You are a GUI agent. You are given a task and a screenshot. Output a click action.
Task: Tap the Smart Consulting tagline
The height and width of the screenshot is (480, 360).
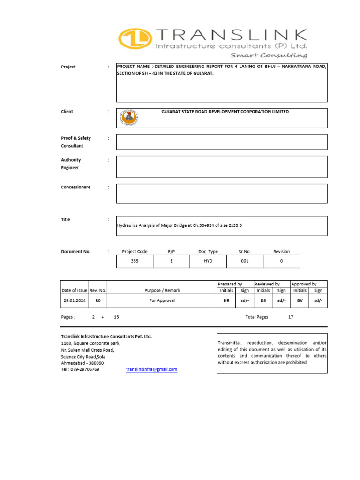tap(269, 55)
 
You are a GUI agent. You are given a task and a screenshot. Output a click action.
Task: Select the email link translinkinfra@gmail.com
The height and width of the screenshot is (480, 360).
tap(151, 369)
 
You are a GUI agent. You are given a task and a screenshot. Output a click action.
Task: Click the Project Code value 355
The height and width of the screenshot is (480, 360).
tap(135, 261)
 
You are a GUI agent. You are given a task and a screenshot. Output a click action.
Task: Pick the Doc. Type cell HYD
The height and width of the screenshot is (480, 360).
tap(208, 261)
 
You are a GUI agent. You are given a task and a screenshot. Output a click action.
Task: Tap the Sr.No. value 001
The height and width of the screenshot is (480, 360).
tap(245, 261)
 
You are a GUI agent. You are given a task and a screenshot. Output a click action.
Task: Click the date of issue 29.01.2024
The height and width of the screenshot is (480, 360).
tap(75, 300)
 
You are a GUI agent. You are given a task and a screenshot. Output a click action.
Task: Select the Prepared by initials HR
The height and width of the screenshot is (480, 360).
tap(226, 300)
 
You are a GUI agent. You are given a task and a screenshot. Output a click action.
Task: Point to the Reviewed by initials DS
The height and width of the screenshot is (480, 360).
tap(263, 300)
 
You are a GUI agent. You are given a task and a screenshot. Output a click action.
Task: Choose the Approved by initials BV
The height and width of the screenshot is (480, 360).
tap(300, 300)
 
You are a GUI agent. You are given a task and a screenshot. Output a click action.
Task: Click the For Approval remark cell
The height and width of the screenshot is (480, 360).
tap(162, 300)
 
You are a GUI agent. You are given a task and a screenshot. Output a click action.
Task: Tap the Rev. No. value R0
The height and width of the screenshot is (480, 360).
tap(98, 300)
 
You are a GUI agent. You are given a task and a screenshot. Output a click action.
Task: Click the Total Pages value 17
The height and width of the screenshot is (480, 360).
tap(291, 317)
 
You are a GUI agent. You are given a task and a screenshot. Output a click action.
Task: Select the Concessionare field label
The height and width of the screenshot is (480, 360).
tap(75, 187)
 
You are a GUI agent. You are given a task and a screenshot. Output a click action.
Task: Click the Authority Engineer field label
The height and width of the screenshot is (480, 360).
tap(71, 164)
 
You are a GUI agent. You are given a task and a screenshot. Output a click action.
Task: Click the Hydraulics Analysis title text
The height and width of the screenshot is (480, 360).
tap(179, 225)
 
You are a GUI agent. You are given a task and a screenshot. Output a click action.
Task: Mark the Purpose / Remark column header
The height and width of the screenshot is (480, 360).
tap(162, 291)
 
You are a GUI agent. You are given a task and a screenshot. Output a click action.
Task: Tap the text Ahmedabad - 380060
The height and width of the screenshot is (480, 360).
tap(82, 363)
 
